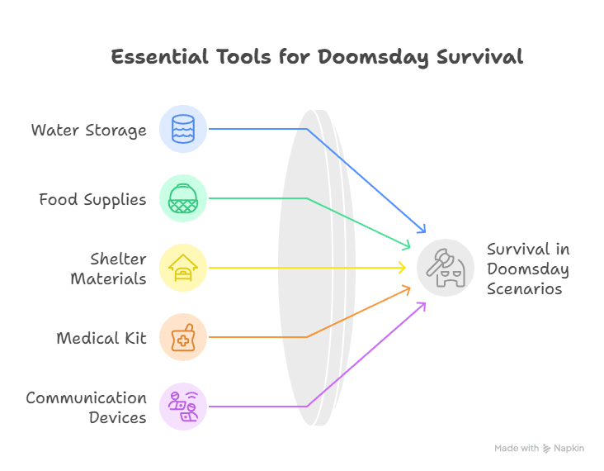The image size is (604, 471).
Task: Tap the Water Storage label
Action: point(89,130)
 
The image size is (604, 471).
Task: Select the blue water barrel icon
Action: point(183,129)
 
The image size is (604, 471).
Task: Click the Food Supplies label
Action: point(92,199)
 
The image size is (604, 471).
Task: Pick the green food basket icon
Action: point(183,198)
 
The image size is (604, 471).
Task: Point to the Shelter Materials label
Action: point(108,268)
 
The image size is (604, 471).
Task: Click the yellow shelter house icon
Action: point(183,268)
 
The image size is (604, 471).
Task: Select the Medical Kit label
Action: point(101,338)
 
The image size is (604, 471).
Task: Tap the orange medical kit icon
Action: point(183,337)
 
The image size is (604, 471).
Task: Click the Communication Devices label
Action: point(87,407)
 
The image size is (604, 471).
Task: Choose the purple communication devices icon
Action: point(183,407)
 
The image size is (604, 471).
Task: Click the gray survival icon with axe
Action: point(446,268)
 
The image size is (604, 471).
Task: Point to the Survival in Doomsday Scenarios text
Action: point(527,269)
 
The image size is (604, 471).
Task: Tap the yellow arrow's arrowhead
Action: point(403,268)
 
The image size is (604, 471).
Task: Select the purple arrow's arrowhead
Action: point(422,305)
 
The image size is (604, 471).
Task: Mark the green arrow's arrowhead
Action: point(407,245)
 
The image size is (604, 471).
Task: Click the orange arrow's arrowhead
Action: point(407,288)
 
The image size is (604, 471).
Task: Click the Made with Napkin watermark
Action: point(540,448)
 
